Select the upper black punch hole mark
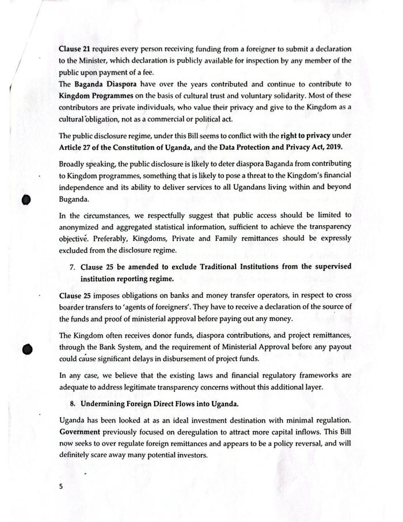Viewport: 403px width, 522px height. point(25,198)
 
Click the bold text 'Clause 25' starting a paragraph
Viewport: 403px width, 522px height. point(74,296)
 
